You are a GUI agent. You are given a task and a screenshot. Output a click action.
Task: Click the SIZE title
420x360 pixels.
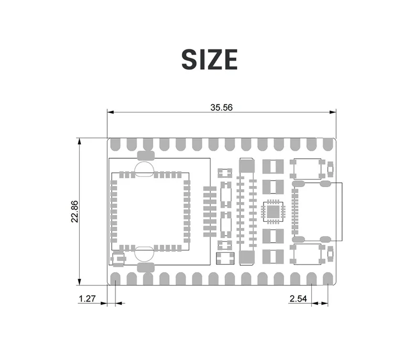(209, 59)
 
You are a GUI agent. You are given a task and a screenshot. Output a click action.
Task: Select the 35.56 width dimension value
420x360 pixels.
(221, 107)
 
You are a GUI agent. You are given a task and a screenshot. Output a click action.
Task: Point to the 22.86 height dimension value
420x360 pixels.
(75, 211)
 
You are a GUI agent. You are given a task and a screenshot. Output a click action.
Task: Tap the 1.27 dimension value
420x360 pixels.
(87, 299)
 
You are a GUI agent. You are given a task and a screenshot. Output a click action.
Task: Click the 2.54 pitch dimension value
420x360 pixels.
(298, 299)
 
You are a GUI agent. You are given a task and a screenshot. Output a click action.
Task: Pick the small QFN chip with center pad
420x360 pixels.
(273, 211)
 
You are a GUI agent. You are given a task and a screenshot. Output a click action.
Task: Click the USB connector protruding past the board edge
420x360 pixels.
(317, 211)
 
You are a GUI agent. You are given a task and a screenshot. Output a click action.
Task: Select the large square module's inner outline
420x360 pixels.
(149, 210)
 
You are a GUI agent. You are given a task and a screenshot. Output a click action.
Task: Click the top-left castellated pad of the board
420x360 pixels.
(115, 143)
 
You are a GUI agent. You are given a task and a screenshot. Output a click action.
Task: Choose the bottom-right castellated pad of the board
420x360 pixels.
(328, 279)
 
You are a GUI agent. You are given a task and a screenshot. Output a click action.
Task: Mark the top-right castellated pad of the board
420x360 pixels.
(328, 143)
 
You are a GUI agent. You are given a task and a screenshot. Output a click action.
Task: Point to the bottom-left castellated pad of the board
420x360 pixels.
(115, 279)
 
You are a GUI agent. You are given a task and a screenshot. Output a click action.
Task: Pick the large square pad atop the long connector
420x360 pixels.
(246, 166)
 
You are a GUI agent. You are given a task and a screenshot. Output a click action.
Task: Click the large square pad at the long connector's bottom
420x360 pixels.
(246, 258)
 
